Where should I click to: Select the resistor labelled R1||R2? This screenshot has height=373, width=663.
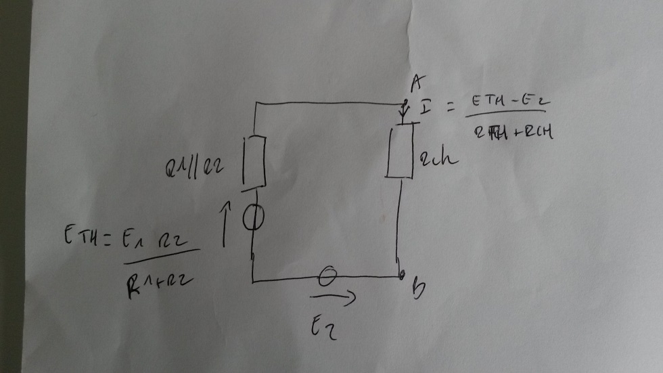(254, 161)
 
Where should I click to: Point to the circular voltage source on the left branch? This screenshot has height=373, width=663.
(254, 217)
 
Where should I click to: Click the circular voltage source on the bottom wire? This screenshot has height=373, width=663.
(327, 276)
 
